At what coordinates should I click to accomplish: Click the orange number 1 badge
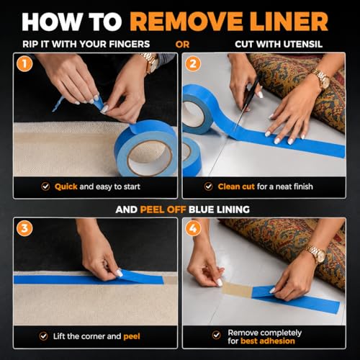24,63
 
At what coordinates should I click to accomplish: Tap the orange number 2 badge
193,63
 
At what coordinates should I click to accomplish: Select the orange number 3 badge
24,228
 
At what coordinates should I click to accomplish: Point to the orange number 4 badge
193,228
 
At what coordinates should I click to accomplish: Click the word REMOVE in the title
186,22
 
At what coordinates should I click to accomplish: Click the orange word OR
182,45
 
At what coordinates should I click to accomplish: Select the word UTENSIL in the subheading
302,44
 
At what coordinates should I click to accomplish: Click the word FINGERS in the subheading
130,44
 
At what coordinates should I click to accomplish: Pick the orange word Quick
66,186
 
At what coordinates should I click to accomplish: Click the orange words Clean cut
236,186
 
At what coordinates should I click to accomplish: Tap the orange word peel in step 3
132,336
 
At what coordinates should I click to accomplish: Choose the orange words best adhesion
268,341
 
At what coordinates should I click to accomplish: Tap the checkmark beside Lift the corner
43,336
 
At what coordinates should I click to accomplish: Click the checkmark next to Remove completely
217,335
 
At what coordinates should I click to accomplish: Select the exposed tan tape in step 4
237,289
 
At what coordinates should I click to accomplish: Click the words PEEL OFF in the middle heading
163,210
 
